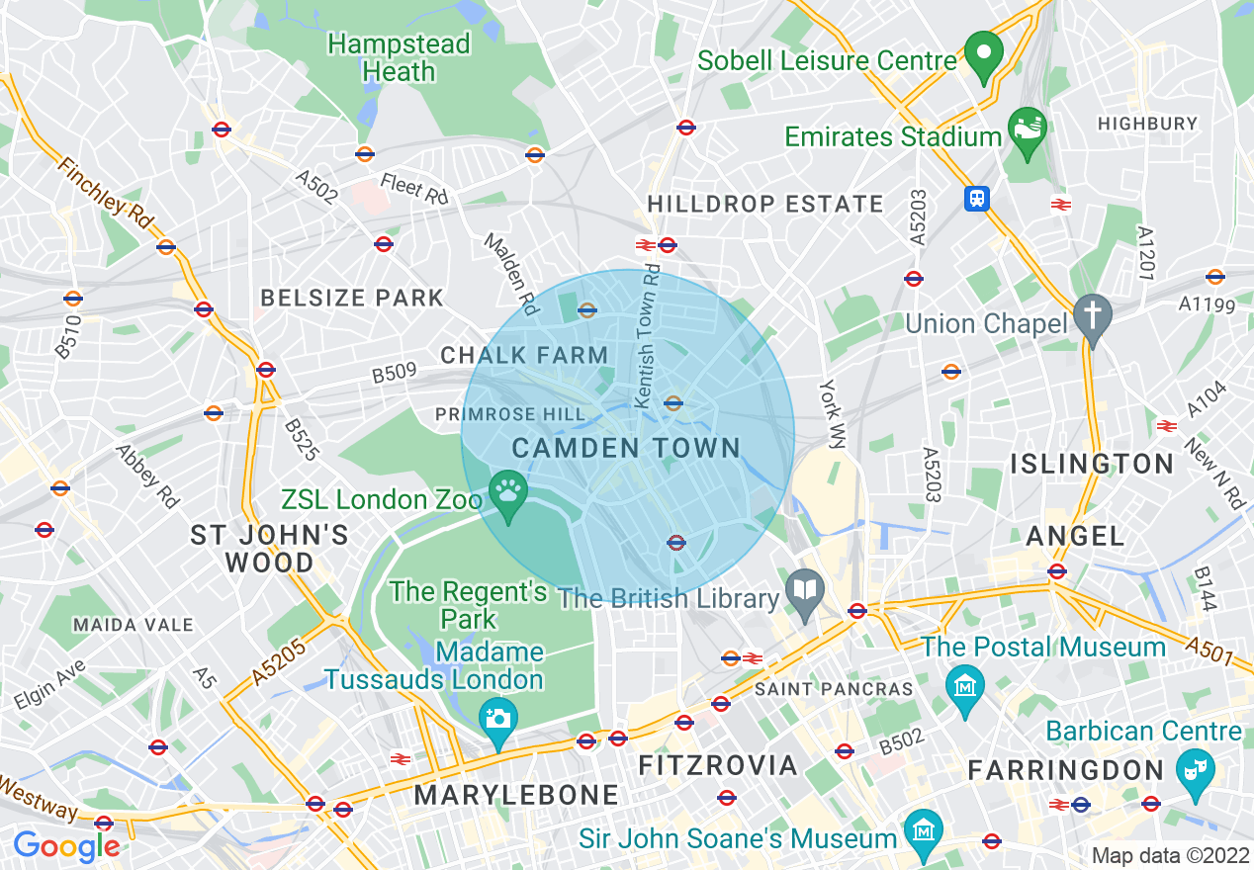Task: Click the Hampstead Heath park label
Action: point(399,58)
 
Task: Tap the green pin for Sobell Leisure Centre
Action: point(983,55)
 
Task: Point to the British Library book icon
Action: point(805,594)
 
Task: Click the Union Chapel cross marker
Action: point(1093,315)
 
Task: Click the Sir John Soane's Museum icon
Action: point(924,828)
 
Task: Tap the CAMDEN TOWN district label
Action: point(626,448)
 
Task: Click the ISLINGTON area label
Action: point(1092,464)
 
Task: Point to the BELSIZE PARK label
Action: point(352,298)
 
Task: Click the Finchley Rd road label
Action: point(107,188)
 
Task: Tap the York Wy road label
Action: point(829,414)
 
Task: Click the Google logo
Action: point(66,846)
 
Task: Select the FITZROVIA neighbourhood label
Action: point(718,765)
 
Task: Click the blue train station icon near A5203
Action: point(977,199)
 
